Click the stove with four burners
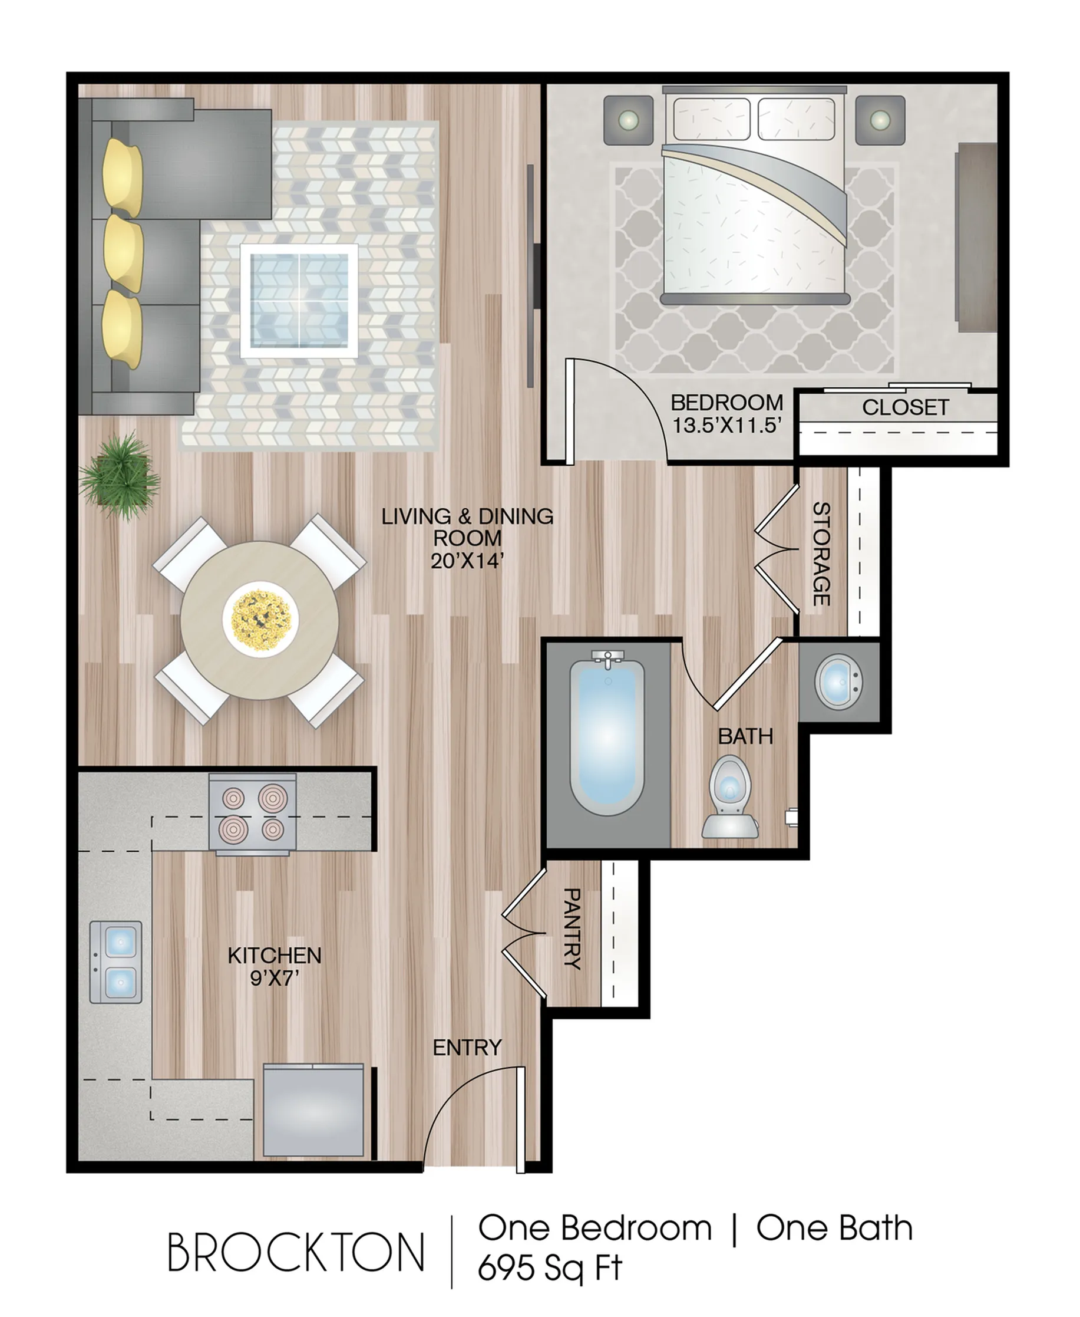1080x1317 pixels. pyautogui.click(x=252, y=814)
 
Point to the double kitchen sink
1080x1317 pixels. pyautogui.click(x=116, y=962)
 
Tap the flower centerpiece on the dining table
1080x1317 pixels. pyautogui.click(x=260, y=618)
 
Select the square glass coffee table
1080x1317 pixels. pyautogui.click(x=299, y=301)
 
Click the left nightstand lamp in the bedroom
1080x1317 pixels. pyautogui.click(x=628, y=120)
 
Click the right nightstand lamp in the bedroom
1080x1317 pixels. pyautogui.click(x=880, y=120)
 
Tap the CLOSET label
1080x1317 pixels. pyautogui.click(x=905, y=408)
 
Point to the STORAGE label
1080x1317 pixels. pyautogui.click(x=821, y=554)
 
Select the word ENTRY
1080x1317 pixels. pyautogui.click(x=467, y=1048)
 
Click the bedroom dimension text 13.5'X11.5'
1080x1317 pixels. pyautogui.click(x=726, y=426)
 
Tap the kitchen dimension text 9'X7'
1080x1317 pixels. pyautogui.click(x=275, y=979)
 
